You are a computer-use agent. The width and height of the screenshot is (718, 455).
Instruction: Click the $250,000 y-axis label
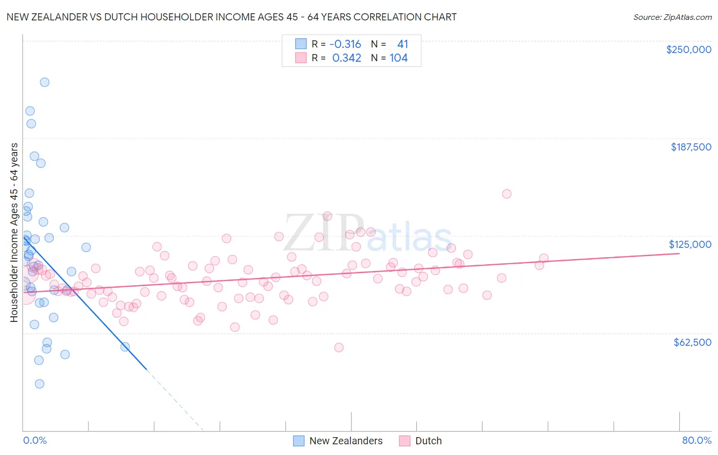coord(688,49)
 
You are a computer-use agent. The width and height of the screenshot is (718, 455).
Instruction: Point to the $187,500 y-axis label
coord(690,147)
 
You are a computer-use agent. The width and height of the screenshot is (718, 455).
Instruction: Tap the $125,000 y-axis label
coord(690,244)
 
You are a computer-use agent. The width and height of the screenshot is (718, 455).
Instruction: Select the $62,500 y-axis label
coord(692,342)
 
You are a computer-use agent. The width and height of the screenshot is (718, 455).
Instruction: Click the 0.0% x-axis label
coord(35,440)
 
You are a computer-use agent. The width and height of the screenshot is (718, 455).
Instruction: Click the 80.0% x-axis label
coord(697,440)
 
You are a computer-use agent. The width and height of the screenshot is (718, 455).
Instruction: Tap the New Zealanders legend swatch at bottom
coord(299,441)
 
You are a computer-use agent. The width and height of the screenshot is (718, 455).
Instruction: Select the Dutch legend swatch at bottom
coord(405,441)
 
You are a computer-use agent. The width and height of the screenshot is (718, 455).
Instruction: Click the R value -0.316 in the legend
coord(345,44)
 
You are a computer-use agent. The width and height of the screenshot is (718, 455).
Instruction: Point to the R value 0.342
coord(347,58)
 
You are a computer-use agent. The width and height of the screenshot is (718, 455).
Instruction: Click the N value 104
coord(398,58)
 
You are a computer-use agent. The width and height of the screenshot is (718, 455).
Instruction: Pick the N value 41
coord(402,44)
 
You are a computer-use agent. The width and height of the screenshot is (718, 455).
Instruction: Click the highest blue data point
coord(44,82)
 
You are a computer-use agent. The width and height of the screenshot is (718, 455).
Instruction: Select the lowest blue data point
coord(39,384)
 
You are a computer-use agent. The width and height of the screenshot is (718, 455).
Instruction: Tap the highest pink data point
coord(507,194)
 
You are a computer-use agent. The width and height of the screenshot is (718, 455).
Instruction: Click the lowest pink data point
coord(339,347)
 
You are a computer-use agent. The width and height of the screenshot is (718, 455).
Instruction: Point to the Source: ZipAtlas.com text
coord(672,17)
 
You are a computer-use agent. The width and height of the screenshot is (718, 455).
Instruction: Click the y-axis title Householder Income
coord(14,233)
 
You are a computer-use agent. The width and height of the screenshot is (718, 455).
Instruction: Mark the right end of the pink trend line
coord(680,253)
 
